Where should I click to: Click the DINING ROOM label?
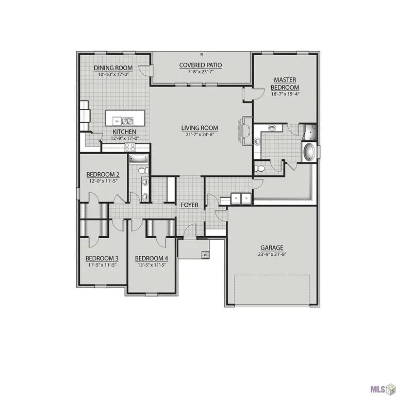coord(113,68)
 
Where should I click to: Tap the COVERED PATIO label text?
coord(201,65)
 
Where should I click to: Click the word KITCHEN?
coord(124,131)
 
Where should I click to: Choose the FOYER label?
coord(190,205)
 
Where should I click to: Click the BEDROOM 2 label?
coord(103,174)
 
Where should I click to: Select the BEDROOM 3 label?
coord(102,258)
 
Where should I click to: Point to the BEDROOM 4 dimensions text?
coord(152,266)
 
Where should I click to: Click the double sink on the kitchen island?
coord(127,121)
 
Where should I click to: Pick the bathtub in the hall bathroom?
coord(138,159)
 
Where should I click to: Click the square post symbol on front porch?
coord(205,254)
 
